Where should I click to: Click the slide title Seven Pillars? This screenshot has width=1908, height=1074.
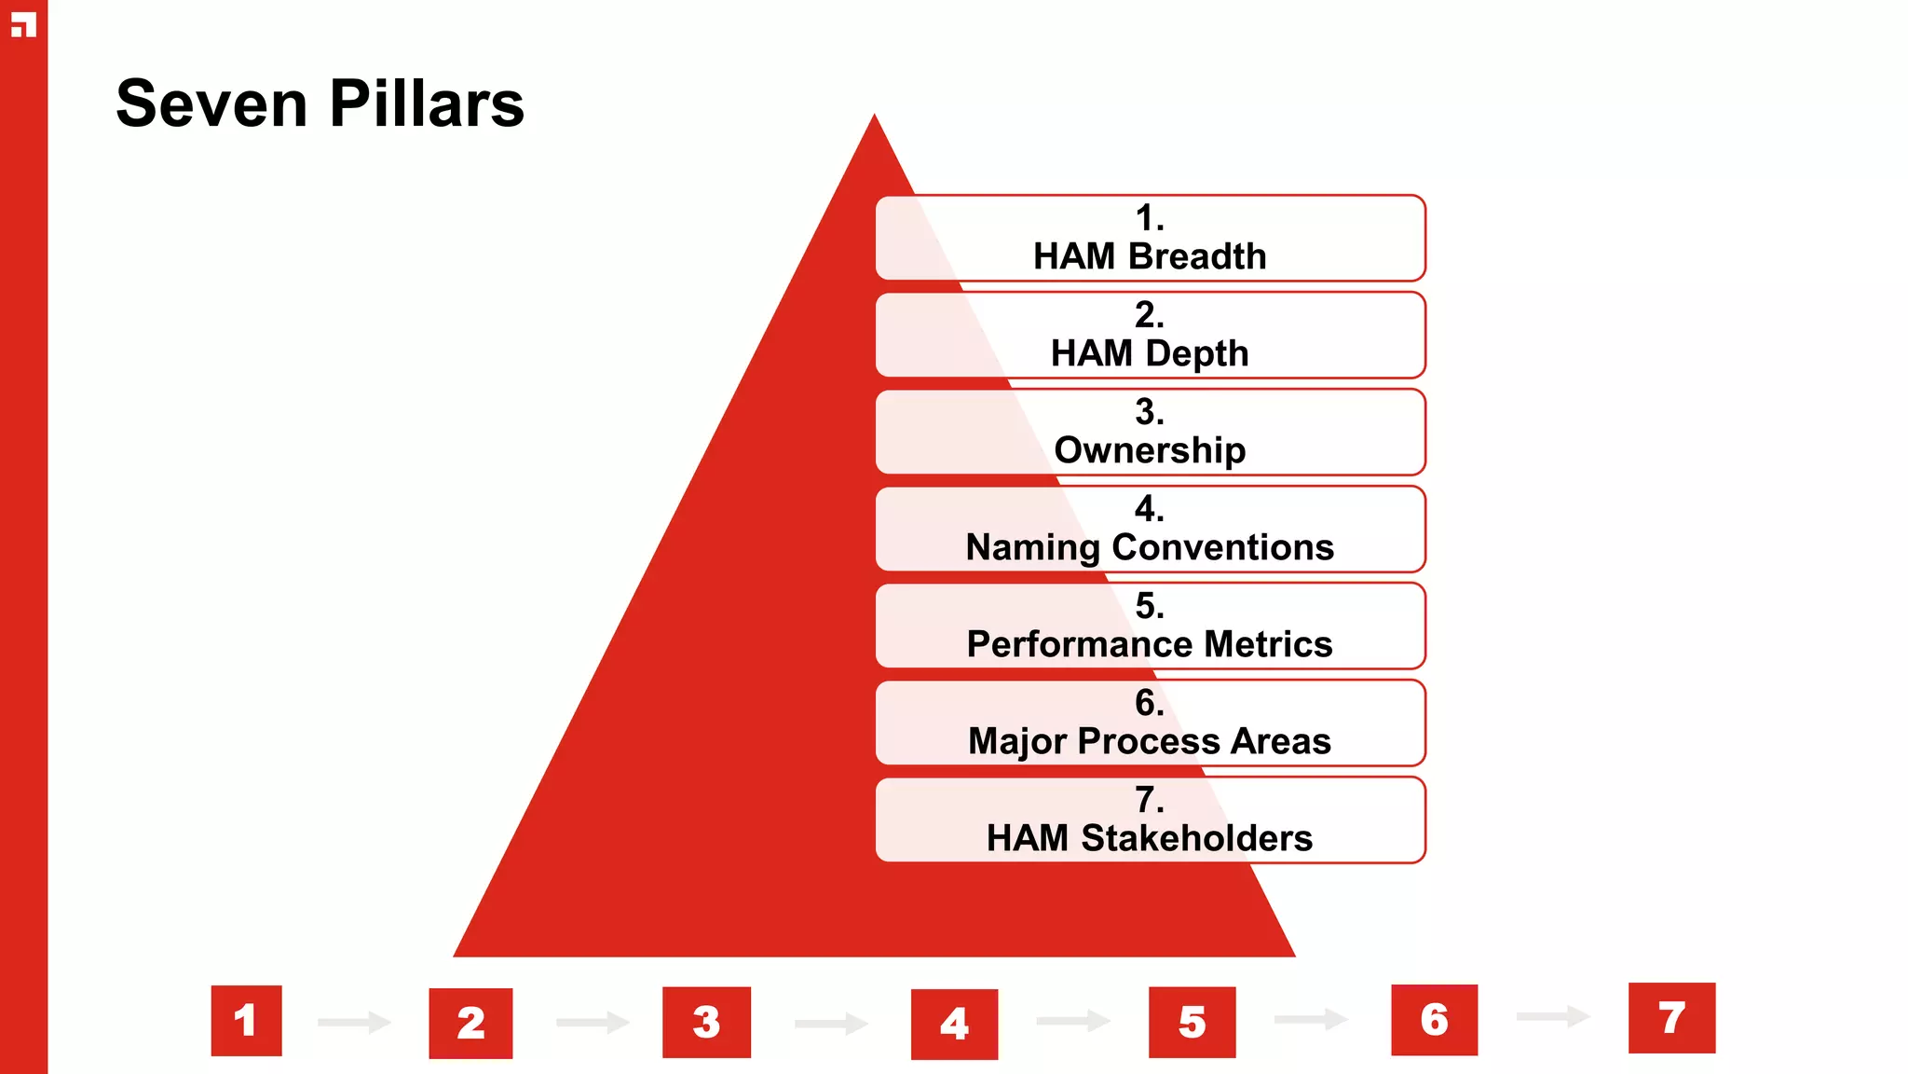point(320,103)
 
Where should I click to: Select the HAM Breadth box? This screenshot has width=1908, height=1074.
point(1150,238)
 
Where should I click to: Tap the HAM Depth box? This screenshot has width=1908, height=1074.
point(1150,335)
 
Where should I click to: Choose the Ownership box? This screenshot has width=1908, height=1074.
point(1150,432)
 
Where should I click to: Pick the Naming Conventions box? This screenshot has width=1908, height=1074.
point(1150,529)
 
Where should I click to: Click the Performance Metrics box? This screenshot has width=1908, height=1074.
point(1150,626)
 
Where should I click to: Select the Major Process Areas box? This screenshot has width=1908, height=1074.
point(1150,723)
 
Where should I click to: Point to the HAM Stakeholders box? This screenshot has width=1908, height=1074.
point(1150,819)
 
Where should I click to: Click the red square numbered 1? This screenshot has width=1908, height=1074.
point(246,1021)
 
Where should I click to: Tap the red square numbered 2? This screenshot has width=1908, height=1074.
point(470,1024)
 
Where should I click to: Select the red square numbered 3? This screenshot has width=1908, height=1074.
point(706,1023)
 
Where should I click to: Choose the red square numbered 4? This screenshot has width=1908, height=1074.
point(954,1025)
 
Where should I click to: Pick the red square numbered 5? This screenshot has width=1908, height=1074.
point(1192,1023)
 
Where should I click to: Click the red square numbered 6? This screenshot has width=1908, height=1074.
point(1434,1020)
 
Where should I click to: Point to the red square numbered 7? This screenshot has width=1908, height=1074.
point(1671,1018)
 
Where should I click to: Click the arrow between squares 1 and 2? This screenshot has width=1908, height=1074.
point(354,1023)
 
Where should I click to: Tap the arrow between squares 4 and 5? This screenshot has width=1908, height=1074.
point(1073,1022)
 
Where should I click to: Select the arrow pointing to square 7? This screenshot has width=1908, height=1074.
point(1553,1016)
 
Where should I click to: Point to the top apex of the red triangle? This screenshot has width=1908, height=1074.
point(874,119)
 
